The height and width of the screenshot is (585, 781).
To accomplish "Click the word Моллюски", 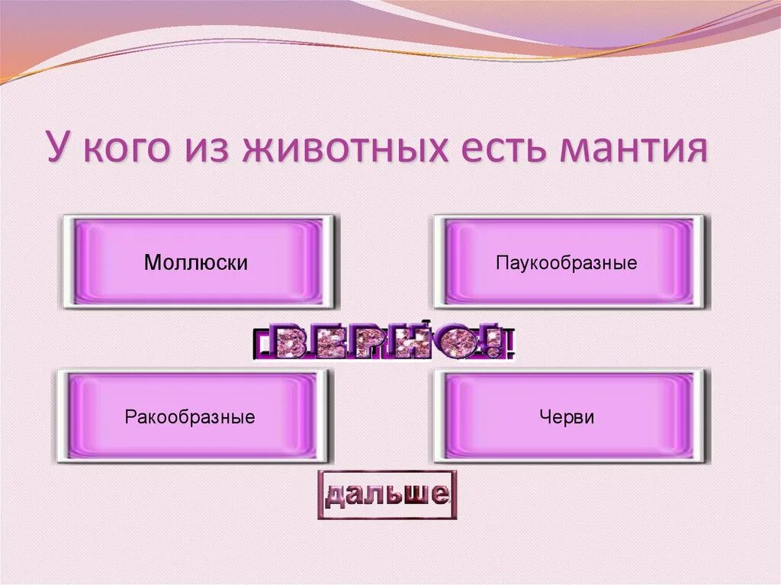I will (196, 263).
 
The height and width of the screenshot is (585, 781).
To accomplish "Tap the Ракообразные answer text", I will (190, 417).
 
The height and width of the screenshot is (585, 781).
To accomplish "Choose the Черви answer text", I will (566, 417).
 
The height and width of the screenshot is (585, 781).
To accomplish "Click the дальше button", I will (387, 495).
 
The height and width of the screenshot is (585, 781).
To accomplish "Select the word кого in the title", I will (130, 148).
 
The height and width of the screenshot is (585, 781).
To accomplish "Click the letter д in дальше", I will (337, 497).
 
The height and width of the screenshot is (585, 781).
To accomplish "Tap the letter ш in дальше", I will (410, 495).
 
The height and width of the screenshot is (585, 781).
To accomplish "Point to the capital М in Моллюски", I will (152, 263).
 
